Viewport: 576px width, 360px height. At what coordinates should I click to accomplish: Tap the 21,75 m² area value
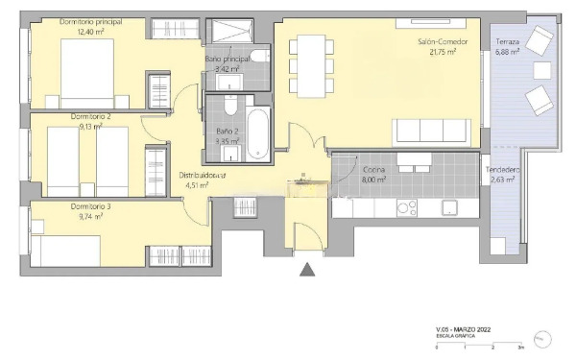[x=443, y=53]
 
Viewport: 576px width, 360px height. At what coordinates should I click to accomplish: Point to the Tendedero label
[x=502, y=169]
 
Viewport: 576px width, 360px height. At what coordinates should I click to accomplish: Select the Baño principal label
[x=228, y=60]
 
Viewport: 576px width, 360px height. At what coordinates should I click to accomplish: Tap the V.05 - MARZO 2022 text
[x=464, y=329]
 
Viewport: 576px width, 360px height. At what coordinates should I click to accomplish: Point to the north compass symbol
[x=543, y=340]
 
